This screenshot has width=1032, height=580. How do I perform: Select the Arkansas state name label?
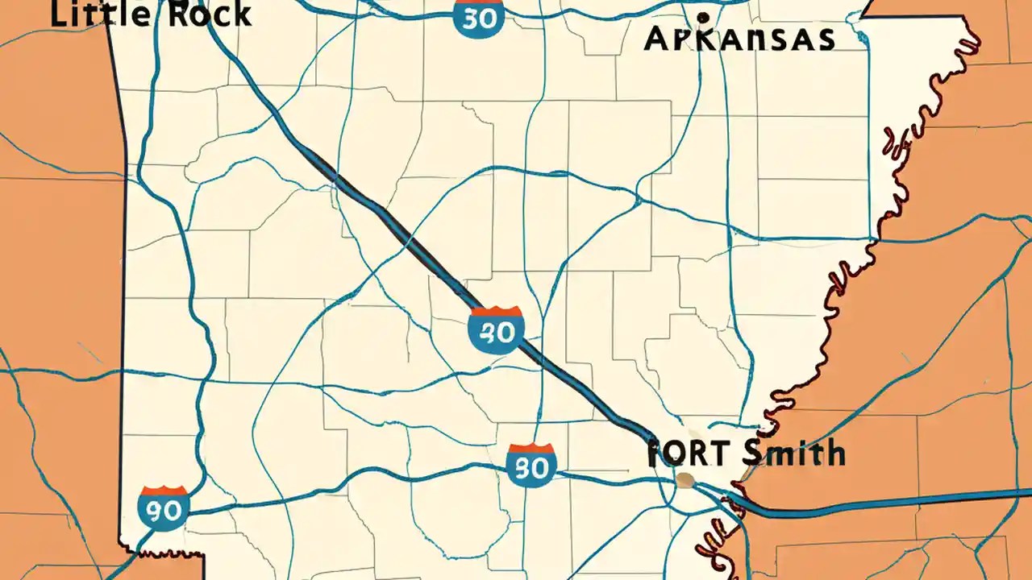tap(739, 37)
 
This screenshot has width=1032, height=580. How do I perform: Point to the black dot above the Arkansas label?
tap(703, 17)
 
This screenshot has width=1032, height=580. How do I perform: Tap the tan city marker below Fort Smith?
tap(685, 481)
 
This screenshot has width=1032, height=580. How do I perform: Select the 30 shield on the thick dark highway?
tap(496, 331)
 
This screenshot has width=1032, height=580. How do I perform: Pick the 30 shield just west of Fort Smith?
tap(531, 465)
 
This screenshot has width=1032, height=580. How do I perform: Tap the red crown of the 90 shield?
tap(164, 491)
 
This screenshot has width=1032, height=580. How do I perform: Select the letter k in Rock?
tap(239, 14)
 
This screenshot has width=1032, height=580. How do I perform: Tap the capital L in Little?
tap(60, 14)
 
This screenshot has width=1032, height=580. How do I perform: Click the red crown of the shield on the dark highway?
tap(496, 313)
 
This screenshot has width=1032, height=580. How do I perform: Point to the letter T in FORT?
tap(717, 454)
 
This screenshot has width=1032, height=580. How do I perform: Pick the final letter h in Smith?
tap(834, 453)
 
